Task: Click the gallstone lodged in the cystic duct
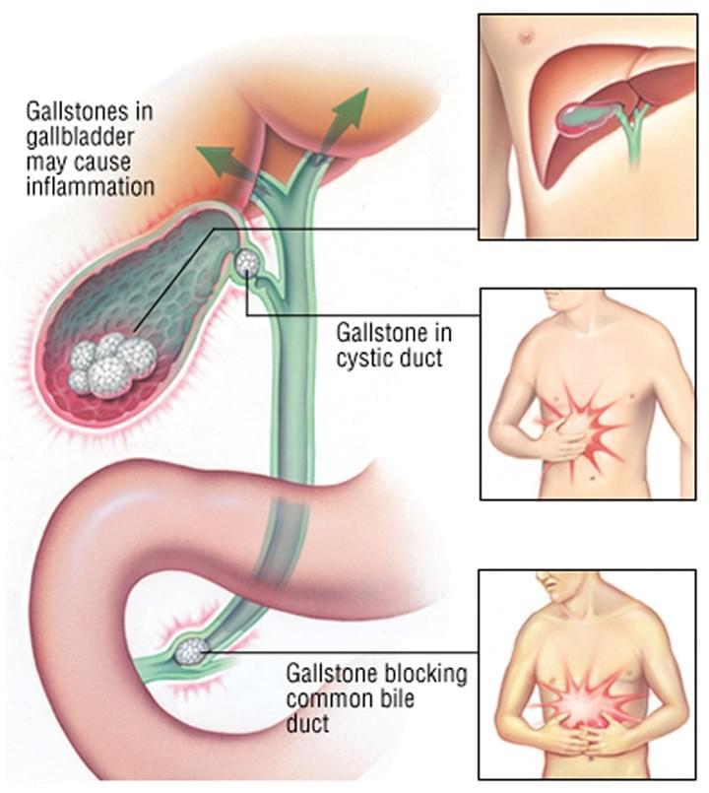pyautogui.click(x=247, y=262)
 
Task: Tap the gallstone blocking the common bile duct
pyautogui.click(x=191, y=651)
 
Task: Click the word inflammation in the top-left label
pyautogui.click(x=90, y=187)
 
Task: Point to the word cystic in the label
pyautogui.click(x=360, y=359)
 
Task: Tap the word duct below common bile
pyautogui.click(x=307, y=723)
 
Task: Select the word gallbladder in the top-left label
pyautogui.click(x=80, y=138)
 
